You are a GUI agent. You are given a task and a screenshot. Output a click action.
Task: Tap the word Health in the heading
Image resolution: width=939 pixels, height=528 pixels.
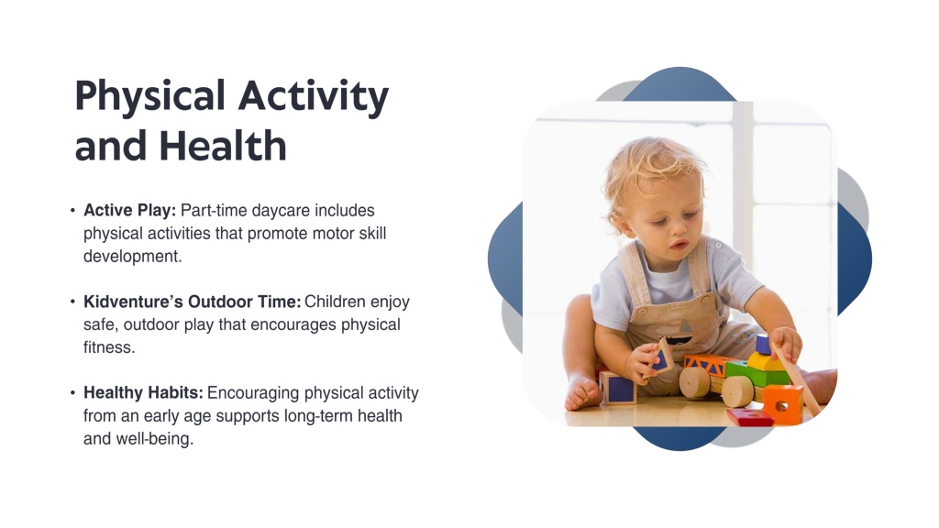point(223,146)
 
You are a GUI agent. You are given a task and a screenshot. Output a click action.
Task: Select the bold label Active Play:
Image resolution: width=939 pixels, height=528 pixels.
point(130,210)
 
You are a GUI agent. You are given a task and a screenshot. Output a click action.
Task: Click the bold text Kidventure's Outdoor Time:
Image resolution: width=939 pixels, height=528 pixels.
point(193,301)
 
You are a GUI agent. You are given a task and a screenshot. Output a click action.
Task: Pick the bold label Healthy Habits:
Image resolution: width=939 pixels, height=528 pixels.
point(143,392)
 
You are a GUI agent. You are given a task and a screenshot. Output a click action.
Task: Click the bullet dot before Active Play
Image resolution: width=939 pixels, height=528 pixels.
point(72,210)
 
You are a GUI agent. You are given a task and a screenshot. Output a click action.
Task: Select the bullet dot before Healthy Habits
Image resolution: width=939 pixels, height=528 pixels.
point(72,392)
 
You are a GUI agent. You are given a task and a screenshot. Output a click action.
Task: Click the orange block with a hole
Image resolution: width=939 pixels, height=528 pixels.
point(783,404)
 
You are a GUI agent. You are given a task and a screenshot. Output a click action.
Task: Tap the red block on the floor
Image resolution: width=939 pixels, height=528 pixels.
point(749,417)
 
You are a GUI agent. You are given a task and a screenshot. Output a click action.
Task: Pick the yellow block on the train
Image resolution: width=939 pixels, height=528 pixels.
point(765,361)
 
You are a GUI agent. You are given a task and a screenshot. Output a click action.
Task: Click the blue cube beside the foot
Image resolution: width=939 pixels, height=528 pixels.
point(617,388)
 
